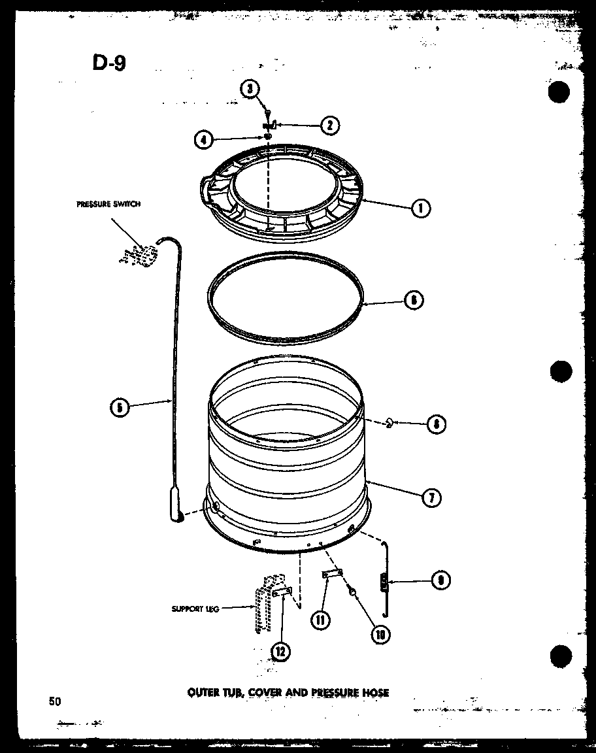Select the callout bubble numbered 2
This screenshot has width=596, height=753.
pyautogui.click(x=330, y=125)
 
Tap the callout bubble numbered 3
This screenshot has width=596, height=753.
pyautogui.click(x=248, y=90)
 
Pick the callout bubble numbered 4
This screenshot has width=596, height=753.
pyautogui.click(x=203, y=139)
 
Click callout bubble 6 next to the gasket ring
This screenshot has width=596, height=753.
pyautogui.click(x=413, y=301)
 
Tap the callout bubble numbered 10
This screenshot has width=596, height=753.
pyautogui.click(x=378, y=633)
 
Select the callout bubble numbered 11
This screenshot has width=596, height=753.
pyautogui.click(x=320, y=618)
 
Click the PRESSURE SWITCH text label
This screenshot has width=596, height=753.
pyautogui.click(x=108, y=204)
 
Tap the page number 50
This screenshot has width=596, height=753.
pyautogui.click(x=54, y=701)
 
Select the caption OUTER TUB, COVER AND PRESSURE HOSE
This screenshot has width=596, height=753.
pyautogui.click(x=288, y=692)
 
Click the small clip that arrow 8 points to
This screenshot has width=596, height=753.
pyautogui.click(x=389, y=423)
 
